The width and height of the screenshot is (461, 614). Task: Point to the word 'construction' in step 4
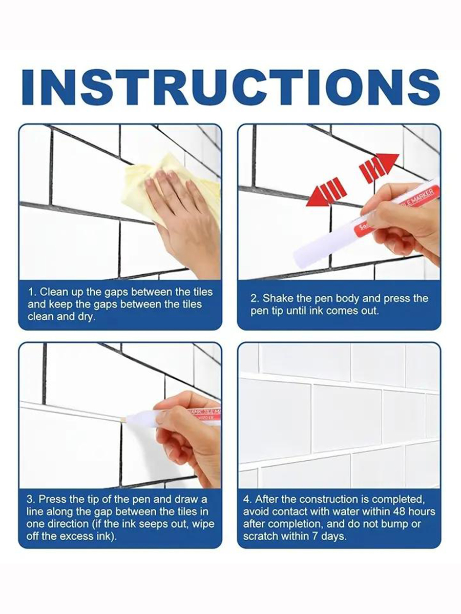[x=333, y=499]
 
